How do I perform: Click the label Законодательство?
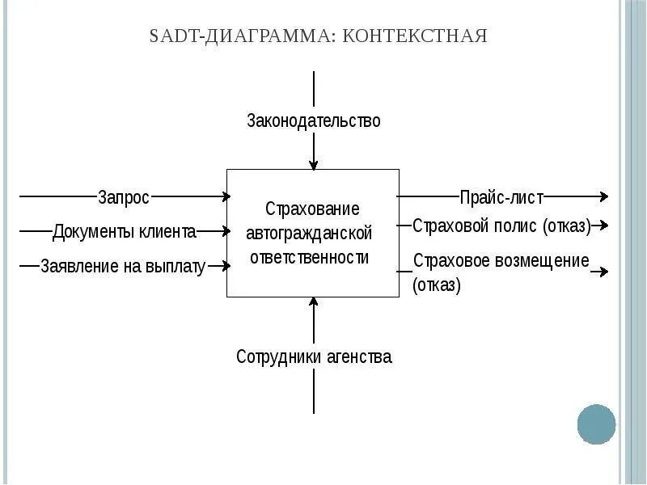click(313, 121)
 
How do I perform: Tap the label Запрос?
click(124, 196)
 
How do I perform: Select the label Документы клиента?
click(125, 232)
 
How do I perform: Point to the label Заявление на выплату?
click(123, 267)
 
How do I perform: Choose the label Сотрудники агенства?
click(314, 356)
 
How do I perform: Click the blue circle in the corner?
click(597, 424)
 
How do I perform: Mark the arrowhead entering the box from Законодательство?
click(314, 164)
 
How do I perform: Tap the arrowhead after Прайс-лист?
click(603, 196)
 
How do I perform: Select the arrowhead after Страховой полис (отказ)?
click(603, 226)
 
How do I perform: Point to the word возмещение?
click(547, 261)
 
